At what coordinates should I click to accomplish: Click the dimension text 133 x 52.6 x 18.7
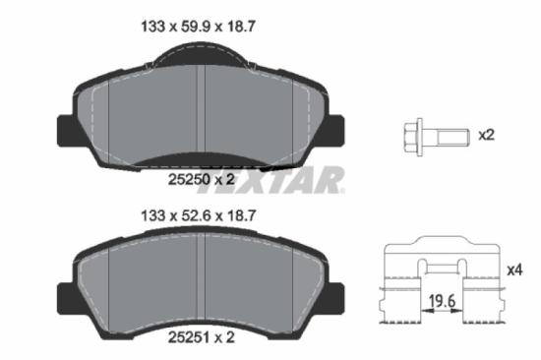pos(202,215)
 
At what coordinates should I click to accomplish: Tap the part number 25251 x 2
pos(202,337)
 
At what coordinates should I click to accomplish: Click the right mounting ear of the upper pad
pos(334,127)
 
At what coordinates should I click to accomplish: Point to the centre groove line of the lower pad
pos(201,280)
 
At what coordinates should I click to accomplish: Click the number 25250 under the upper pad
pos(185,180)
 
